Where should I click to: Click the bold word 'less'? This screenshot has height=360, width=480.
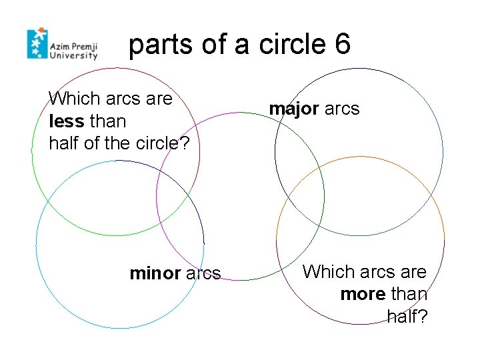click(x=66, y=121)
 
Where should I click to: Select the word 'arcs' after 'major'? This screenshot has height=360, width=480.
click(x=342, y=109)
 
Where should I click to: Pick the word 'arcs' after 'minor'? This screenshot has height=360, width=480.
click(x=203, y=273)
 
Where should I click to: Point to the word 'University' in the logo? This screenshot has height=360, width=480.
click(x=74, y=57)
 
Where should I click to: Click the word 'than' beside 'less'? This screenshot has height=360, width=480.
click(x=107, y=121)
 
